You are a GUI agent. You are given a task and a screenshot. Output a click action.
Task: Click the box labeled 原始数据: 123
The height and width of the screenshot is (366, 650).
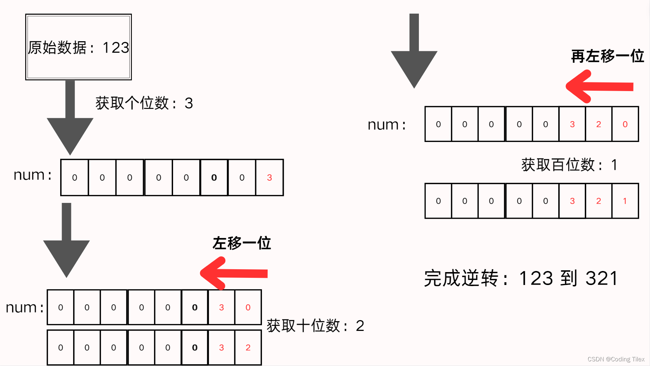(78, 47)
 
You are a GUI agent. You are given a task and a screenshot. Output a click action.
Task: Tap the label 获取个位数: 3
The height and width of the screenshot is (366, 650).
(144, 103)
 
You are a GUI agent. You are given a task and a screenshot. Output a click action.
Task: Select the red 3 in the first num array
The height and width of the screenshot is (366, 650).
(269, 177)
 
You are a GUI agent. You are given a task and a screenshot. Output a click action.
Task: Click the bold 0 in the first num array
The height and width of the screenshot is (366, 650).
(214, 177)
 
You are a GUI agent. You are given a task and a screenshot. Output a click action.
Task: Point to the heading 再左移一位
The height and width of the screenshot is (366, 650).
(607, 56)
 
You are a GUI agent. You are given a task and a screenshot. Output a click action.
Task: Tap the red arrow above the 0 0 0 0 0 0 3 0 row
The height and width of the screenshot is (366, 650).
(233, 273)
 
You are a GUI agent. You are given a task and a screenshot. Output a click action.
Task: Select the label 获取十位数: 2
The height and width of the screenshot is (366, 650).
(315, 326)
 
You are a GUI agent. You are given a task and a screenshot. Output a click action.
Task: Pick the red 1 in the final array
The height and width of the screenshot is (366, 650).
(625, 201)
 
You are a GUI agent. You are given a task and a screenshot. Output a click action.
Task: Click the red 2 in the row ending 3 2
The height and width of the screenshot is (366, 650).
(248, 347)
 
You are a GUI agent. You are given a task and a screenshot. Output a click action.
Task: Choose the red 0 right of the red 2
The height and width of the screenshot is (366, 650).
(625, 124)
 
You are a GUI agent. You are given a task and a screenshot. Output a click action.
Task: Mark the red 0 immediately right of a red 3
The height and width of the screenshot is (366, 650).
(248, 307)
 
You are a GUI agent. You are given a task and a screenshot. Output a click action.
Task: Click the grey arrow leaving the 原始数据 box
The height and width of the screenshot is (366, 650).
(70, 118)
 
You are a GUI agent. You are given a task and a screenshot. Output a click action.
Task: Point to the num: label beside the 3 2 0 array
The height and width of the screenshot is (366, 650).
(387, 125)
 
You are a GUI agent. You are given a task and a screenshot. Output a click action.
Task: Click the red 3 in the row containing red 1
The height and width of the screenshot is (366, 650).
(572, 201)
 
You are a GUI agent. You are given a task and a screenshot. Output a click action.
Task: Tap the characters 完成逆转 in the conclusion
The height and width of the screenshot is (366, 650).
(461, 278)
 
